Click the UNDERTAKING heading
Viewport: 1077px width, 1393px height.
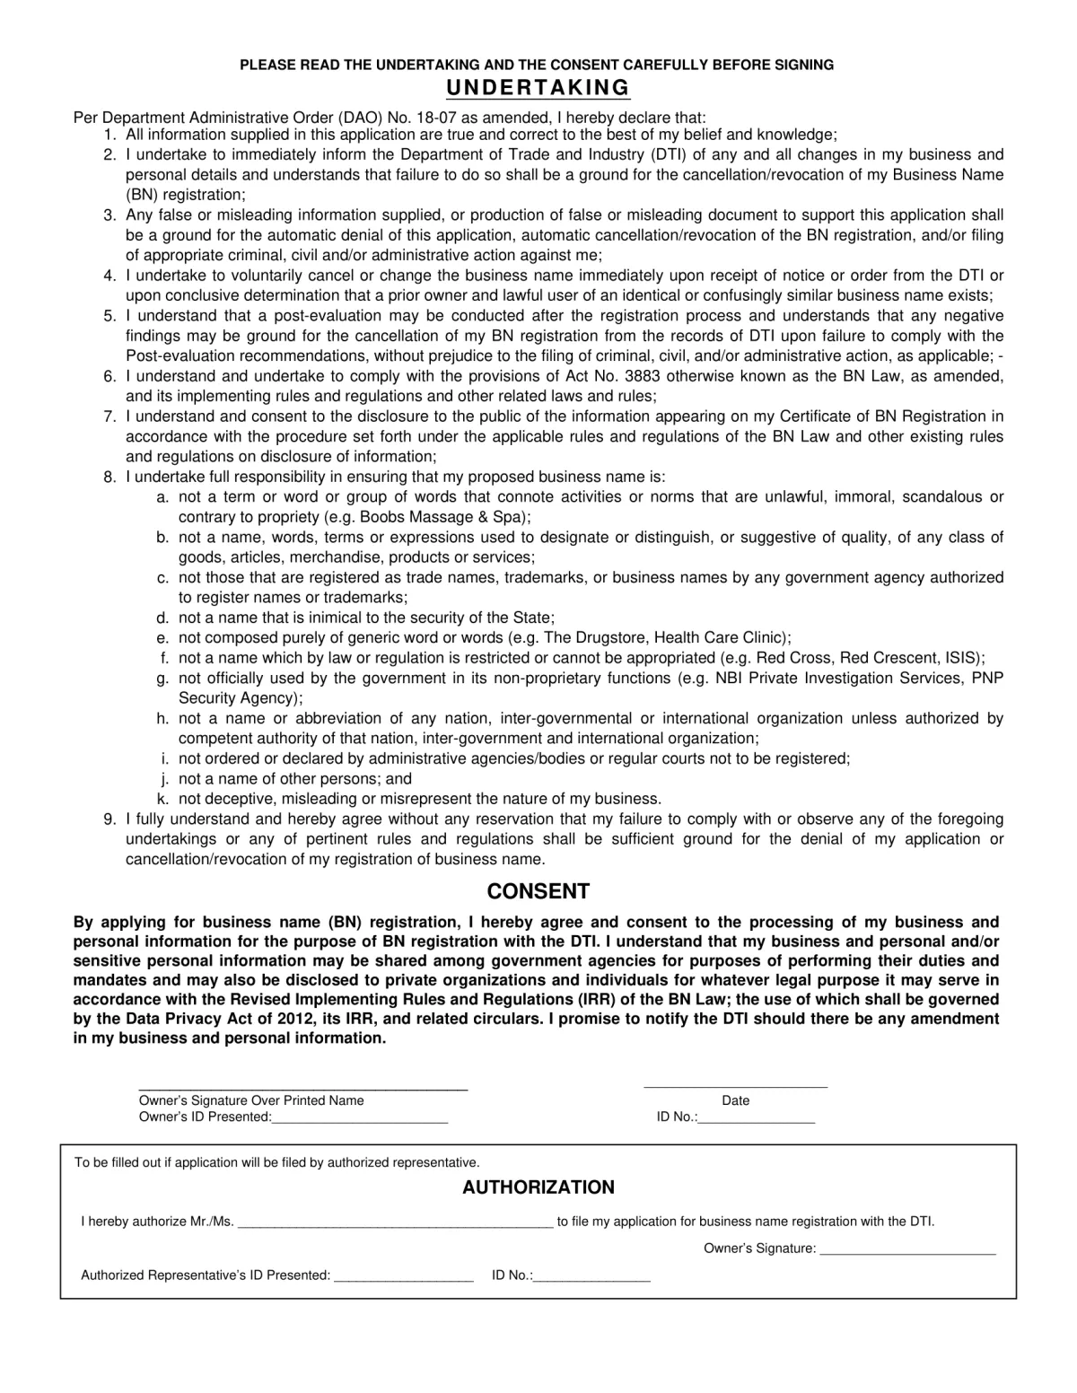tap(538, 88)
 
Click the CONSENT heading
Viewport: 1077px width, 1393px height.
tap(538, 891)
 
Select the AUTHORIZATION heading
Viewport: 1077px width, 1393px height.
tap(538, 1187)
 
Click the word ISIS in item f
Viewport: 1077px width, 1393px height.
tap(963, 658)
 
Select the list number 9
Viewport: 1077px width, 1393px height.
tap(109, 819)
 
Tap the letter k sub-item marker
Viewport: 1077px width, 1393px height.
tap(163, 799)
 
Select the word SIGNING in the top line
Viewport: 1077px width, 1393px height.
tap(805, 65)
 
